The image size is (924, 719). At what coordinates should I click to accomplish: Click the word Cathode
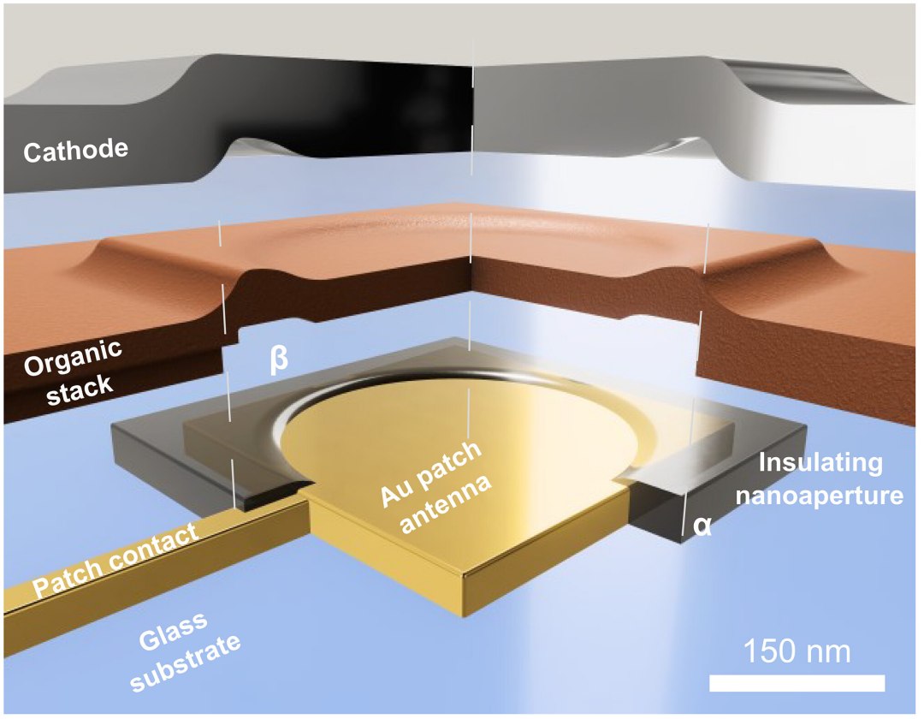click(76, 152)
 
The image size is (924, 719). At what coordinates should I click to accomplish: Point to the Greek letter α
click(702, 526)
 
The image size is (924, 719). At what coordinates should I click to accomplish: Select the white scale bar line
click(797, 683)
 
